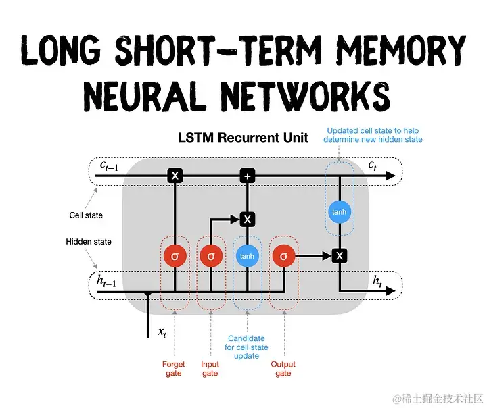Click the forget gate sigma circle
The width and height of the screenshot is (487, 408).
tap(175, 256)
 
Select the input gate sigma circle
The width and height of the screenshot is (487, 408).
tap(211, 256)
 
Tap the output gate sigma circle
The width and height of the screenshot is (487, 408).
tap(283, 256)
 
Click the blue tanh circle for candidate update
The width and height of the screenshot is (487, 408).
tap(248, 256)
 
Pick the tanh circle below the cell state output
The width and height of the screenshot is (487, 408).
tap(340, 212)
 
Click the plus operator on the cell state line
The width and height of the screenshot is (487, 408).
tap(248, 176)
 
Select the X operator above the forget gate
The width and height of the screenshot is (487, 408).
tap(175, 176)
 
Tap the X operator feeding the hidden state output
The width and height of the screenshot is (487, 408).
tap(340, 255)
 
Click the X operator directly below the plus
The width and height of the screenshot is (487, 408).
tap(248, 219)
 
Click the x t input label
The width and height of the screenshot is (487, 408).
tap(162, 332)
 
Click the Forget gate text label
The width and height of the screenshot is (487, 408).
tap(174, 369)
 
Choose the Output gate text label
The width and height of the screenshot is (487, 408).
tap(283, 369)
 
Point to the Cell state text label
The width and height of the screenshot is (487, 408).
tap(86, 216)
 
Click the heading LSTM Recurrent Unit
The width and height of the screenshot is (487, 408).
tap(243, 138)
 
